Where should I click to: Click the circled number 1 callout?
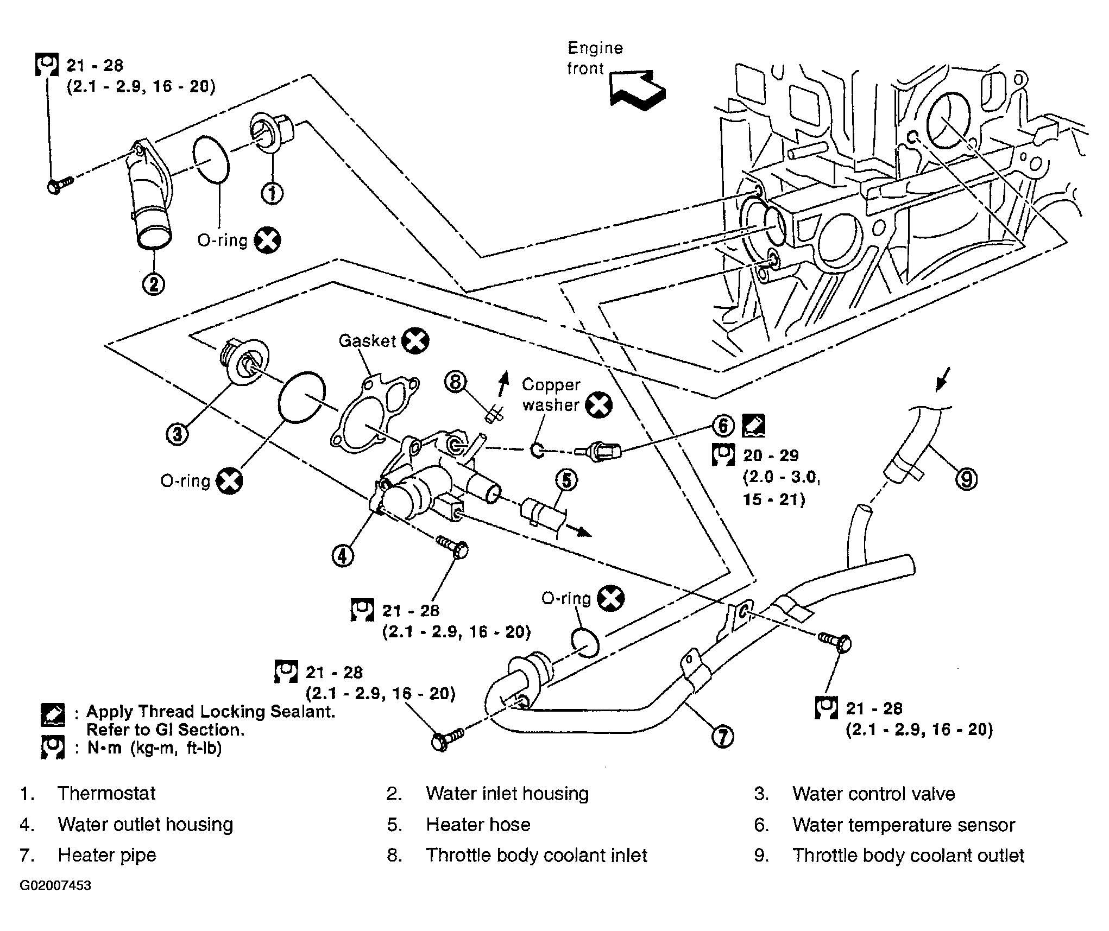(x=272, y=192)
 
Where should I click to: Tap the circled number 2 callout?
(x=154, y=283)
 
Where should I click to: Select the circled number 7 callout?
(x=722, y=737)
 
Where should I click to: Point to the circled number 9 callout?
(x=966, y=479)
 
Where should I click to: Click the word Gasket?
(x=368, y=341)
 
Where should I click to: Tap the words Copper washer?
(x=551, y=395)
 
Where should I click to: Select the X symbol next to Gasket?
(x=415, y=341)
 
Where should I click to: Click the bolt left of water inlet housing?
(x=60, y=185)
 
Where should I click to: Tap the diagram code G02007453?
(x=55, y=885)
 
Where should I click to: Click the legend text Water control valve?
(x=873, y=794)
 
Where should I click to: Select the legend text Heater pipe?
(x=107, y=855)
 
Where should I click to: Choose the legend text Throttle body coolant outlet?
(x=908, y=856)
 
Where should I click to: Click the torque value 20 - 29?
(x=771, y=455)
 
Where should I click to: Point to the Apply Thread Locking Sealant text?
(x=211, y=712)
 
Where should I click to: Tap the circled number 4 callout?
(x=343, y=555)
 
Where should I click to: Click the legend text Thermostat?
(x=106, y=794)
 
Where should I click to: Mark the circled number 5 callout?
(x=566, y=480)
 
